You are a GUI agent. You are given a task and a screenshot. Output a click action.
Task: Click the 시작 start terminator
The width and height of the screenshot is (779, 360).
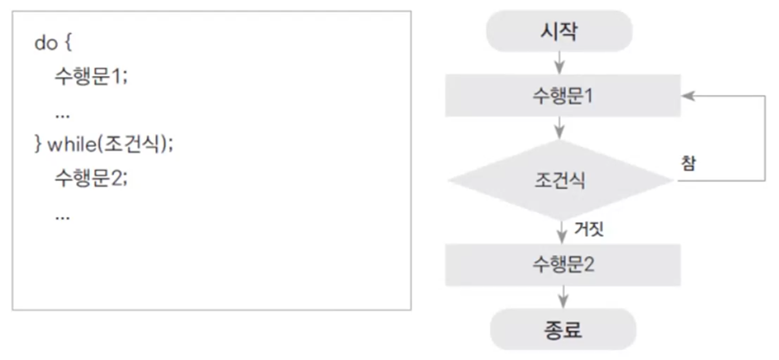pyautogui.click(x=559, y=32)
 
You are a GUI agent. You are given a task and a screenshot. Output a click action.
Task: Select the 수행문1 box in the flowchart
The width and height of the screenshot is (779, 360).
pyautogui.click(x=562, y=96)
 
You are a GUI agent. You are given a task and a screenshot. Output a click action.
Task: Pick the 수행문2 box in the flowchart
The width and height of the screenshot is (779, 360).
pyautogui.click(x=562, y=265)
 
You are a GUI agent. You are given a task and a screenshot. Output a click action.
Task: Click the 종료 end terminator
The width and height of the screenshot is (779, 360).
pyautogui.click(x=562, y=330)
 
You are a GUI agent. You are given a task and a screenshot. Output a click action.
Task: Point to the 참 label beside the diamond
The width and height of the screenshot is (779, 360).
pyautogui.click(x=687, y=163)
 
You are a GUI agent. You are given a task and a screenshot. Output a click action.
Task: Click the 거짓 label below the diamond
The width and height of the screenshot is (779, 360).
pyautogui.click(x=588, y=230)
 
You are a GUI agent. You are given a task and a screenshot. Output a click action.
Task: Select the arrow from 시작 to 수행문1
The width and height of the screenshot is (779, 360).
pyautogui.click(x=560, y=64)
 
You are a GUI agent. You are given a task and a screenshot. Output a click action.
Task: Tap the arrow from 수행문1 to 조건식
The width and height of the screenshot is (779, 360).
pyautogui.click(x=560, y=128)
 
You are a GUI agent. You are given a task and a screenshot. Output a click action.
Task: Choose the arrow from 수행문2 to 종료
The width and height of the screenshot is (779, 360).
pyautogui.click(x=563, y=297)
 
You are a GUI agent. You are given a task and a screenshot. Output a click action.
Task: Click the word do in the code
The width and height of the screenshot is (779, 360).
pyautogui.click(x=46, y=44)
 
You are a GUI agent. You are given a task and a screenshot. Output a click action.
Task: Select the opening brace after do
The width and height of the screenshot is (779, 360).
pyautogui.click(x=68, y=44)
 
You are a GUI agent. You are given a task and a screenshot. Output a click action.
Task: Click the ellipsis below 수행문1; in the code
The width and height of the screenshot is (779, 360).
pyautogui.click(x=62, y=114)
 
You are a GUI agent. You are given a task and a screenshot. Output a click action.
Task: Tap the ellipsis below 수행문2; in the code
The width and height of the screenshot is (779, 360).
pyautogui.click(x=62, y=216)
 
